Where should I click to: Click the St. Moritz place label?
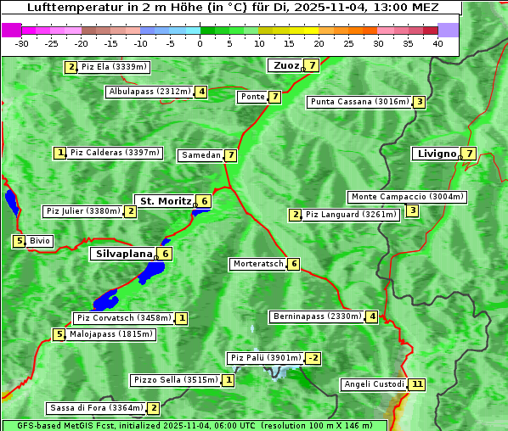pyautogui.click(x=165, y=201)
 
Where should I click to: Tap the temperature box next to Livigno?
pyautogui.click(x=469, y=154)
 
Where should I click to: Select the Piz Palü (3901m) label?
pyautogui.click(x=265, y=358)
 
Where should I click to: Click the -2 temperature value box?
pyautogui.click(x=313, y=358)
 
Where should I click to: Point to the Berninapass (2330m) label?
pyautogui.click(x=317, y=316)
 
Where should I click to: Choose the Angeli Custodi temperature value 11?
pyautogui.click(x=416, y=384)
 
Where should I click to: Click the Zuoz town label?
pyautogui.click(x=284, y=65)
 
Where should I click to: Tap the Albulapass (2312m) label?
pyautogui.click(x=150, y=92)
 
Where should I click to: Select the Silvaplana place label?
pyautogui.click(x=123, y=253)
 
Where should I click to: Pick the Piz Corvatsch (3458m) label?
pyautogui.click(x=123, y=318)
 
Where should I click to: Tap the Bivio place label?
pyautogui.click(x=40, y=241)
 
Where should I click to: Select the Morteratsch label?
pyautogui.click(x=258, y=264)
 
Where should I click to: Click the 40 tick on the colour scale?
pyautogui.click(x=437, y=43)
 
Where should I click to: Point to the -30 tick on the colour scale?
pyautogui.click(x=22, y=43)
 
